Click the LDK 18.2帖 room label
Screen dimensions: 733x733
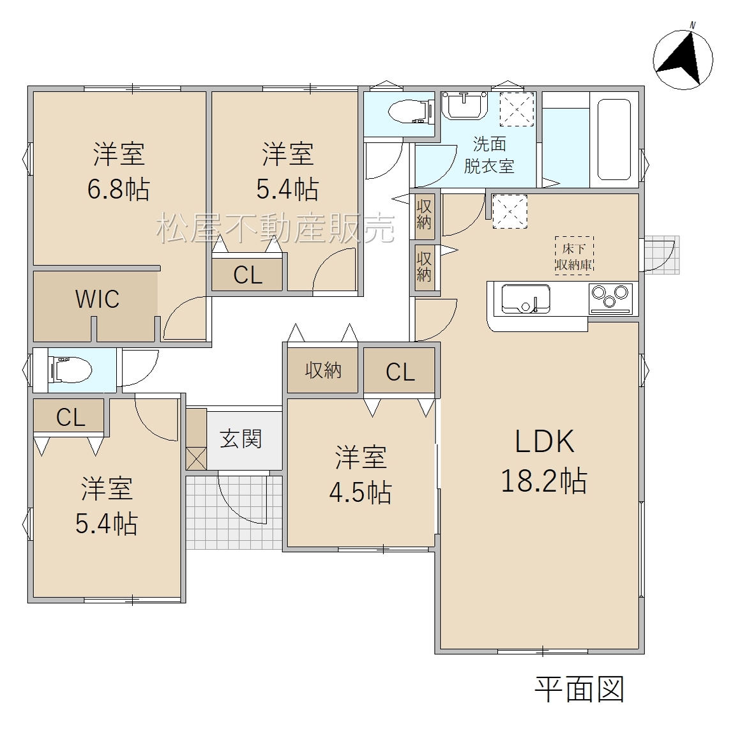pyautogui.click(x=544, y=461)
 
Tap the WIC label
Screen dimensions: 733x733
pyautogui.click(x=97, y=299)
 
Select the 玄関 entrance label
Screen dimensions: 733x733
pyautogui.click(x=241, y=439)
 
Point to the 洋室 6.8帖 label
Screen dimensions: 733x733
pyautogui.click(x=119, y=171)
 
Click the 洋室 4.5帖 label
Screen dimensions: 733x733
pyautogui.click(x=360, y=474)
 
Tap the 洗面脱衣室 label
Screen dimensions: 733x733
pyautogui.click(x=489, y=155)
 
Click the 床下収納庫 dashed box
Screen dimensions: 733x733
pyautogui.click(x=574, y=255)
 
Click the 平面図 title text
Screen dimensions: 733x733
pyautogui.click(x=580, y=689)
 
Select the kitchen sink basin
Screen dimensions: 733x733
pyautogui.click(x=525, y=299)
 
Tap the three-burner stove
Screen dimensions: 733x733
pyautogui.click(x=610, y=298)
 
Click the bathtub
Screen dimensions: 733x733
pyautogui.click(x=614, y=139)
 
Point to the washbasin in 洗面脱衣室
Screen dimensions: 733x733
pyautogui.click(x=465, y=105)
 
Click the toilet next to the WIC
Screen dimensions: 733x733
pyautogui.click(x=70, y=370)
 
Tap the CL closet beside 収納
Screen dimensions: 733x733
pyautogui.click(x=400, y=372)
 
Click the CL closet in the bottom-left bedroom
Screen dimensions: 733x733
pyautogui.click(x=70, y=417)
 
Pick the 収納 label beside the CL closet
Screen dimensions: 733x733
pyautogui.click(x=323, y=370)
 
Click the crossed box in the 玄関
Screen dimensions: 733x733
pyautogui.click(x=197, y=458)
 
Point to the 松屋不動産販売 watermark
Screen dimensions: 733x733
pyautogui.click(x=276, y=228)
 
